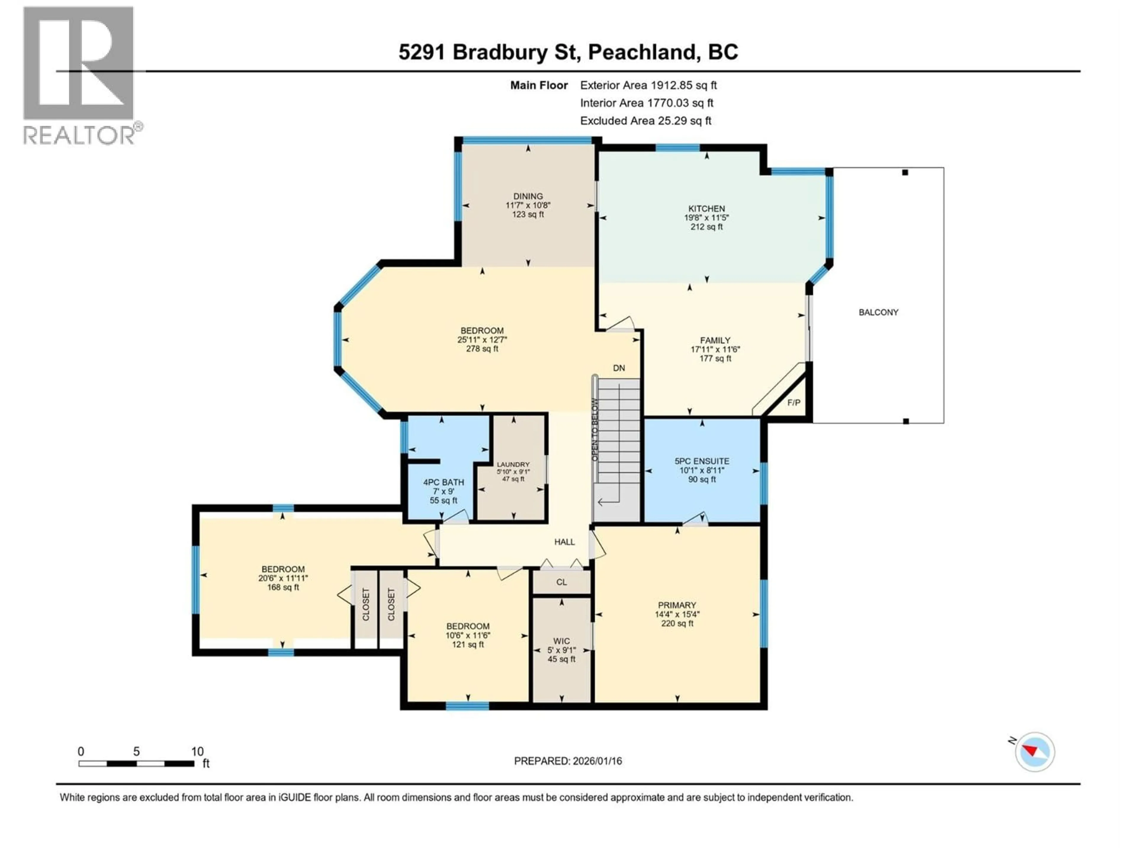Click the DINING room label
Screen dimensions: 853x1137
pos(528,196)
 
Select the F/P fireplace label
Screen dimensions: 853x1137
pos(794,403)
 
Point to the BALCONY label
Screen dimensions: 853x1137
pos(879,312)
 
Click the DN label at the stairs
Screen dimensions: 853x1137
pos(619,368)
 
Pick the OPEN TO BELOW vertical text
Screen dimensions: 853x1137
pos(595,430)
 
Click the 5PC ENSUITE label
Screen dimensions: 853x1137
pos(702,461)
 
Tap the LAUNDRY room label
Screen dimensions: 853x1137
pos(513,464)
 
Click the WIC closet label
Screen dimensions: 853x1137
pos(561,641)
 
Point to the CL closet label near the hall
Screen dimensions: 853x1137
pos(561,582)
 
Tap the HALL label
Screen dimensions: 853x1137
pos(564,542)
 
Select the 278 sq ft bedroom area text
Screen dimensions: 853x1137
pos(482,349)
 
